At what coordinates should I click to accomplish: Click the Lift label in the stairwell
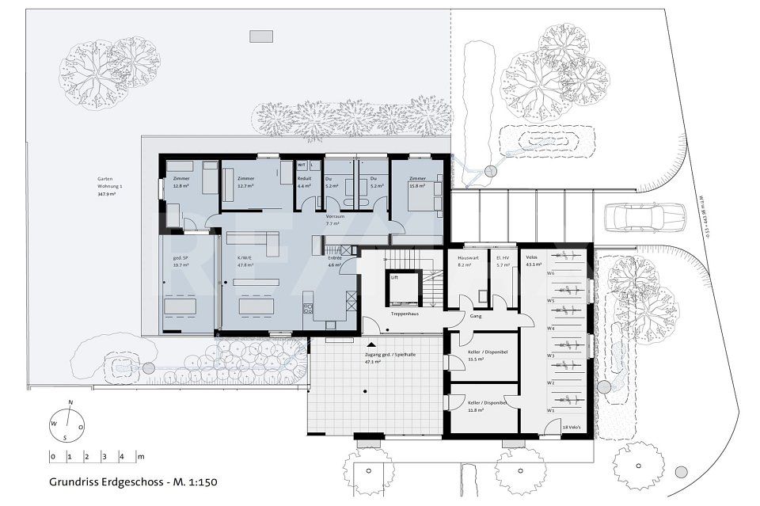pos(394,278)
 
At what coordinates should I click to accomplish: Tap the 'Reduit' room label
pos(304,179)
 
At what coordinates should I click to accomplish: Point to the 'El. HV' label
pos(503,258)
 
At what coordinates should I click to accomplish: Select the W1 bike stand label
pos(549,411)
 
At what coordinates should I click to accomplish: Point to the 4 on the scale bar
pos(121,457)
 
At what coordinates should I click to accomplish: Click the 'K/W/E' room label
pos(245,258)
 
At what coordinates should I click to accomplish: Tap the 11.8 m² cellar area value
pos(475,410)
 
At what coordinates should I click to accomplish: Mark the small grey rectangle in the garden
pos(260,36)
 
